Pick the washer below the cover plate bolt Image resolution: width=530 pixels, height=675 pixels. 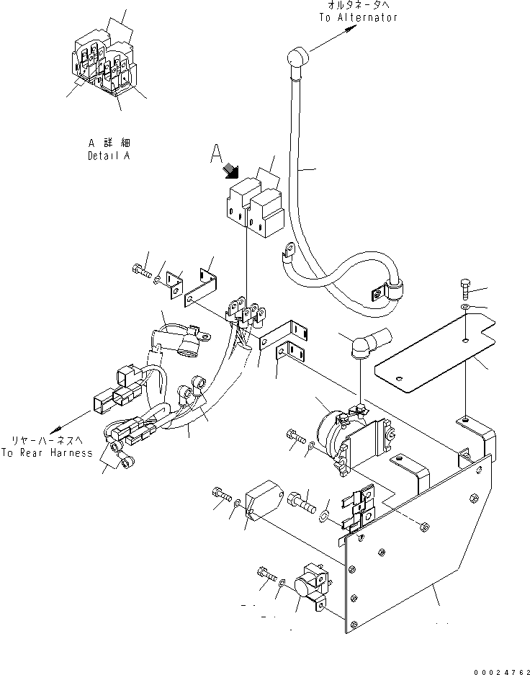point(464,308)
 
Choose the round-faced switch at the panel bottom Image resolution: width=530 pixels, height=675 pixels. point(310,590)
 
